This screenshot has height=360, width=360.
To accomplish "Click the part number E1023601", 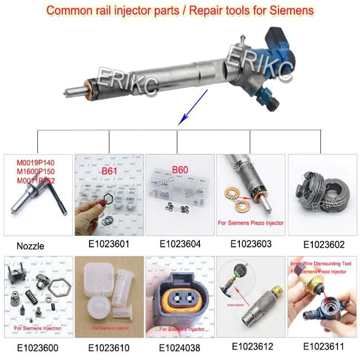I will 109,244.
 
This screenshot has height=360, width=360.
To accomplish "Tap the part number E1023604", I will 180,244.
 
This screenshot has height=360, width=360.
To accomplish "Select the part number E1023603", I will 251,244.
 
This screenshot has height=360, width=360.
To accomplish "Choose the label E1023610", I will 109,348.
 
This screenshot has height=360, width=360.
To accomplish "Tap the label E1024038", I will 180,348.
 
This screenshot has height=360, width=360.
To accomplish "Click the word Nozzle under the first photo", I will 30,246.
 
